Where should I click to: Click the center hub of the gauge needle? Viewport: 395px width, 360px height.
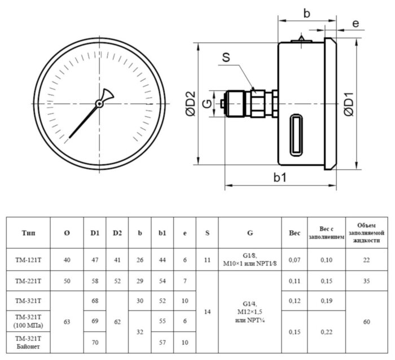click(x=99, y=103)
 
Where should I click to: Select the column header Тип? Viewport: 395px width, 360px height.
click(x=28, y=232)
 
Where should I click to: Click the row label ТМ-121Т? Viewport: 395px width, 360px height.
click(x=28, y=260)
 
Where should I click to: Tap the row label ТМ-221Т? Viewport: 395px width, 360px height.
click(x=28, y=280)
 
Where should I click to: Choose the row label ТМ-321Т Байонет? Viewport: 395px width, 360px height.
click(x=28, y=342)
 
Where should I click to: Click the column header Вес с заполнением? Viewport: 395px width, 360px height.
click(x=326, y=232)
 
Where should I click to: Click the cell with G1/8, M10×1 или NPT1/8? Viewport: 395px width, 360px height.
click(x=249, y=260)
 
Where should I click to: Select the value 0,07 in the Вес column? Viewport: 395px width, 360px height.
click(x=294, y=260)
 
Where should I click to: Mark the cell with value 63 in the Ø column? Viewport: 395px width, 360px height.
click(x=67, y=322)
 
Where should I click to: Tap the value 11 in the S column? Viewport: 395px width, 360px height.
click(x=207, y=260)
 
